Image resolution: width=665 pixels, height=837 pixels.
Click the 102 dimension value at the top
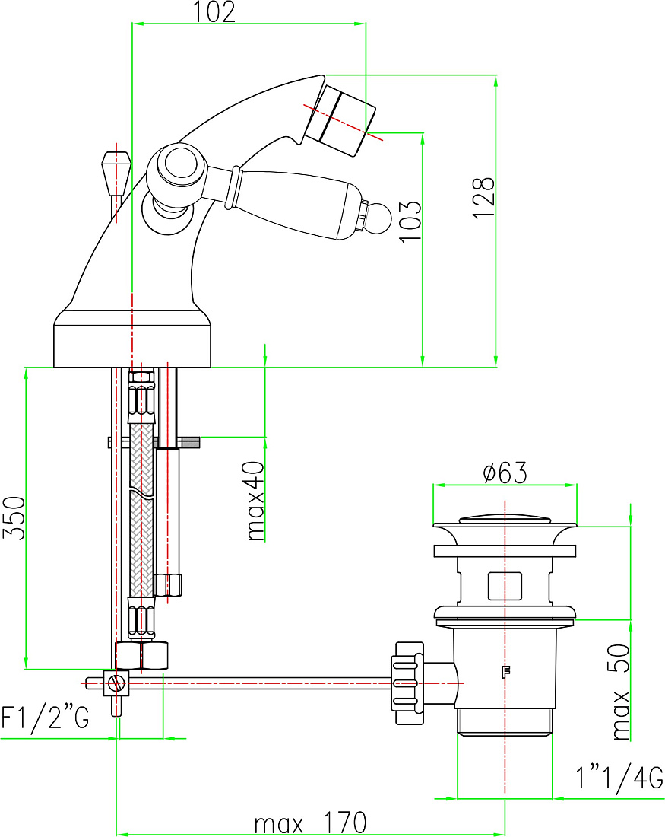click(214, 11)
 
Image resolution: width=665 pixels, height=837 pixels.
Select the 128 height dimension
click(483, 198)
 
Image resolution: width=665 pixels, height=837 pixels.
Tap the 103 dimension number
click(410, 221)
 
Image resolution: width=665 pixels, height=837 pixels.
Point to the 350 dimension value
click(14, 517)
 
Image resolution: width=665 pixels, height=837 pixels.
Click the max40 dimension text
click(255, 501)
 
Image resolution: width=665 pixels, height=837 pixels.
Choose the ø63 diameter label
click(505, 473)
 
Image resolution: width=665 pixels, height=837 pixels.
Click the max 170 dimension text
click(310, 823)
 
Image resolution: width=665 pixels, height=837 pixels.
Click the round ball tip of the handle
click(379, 218)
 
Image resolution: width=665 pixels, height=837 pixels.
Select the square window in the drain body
click(505, 586)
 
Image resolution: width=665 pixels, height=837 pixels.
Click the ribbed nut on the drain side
click(409, 683)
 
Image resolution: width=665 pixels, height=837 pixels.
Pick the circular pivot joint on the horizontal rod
click(116, 683)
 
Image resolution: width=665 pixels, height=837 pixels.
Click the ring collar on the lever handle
click(233, 187)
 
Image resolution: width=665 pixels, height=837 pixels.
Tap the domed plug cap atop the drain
click(505, 517)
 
